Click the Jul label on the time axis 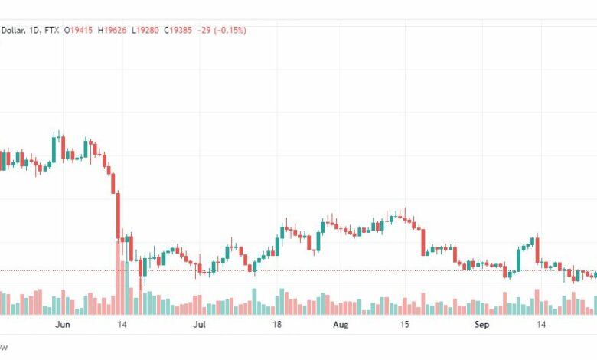point(199,325)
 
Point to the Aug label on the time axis point(341,325)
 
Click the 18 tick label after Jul point(277,325)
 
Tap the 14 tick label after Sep point(541,325)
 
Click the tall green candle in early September point(520,259)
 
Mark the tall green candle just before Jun point(54,147)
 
